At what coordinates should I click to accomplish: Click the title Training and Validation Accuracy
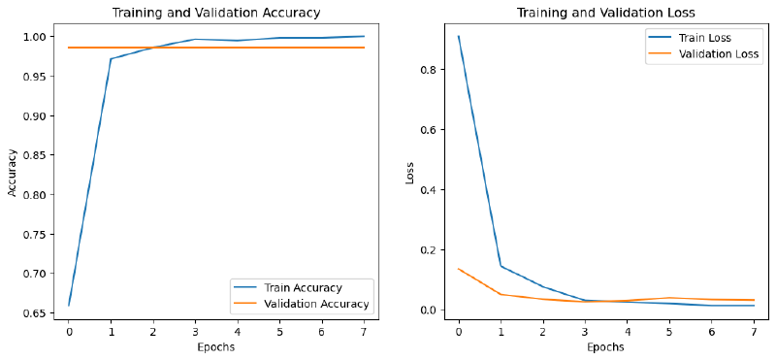216,13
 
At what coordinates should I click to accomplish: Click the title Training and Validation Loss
605,13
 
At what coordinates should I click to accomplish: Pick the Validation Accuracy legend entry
302,304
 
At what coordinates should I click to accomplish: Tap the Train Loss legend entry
704,38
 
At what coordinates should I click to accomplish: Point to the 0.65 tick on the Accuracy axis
35,313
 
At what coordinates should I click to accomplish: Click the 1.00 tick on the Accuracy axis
35,37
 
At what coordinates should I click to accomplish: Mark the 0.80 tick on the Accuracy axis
35,195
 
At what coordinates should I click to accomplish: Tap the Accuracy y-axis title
13,174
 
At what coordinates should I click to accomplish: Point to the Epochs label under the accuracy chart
216,346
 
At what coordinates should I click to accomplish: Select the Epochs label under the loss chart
605,346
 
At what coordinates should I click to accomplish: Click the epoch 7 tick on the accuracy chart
365,331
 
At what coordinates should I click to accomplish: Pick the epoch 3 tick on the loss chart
585,331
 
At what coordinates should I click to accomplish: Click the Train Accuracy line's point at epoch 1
111,59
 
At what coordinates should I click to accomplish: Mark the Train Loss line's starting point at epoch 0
458,36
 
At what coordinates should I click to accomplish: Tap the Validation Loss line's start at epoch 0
458,269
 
